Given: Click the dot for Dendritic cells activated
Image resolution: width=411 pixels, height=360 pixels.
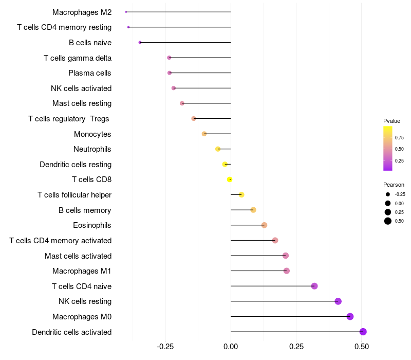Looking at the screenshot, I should [363, 332].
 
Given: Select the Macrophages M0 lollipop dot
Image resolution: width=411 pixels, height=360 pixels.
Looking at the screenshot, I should [350, 316].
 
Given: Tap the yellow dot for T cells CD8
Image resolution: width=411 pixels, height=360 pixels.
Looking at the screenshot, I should [230, 179].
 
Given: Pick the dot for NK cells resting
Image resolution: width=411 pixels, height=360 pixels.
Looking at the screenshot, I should [338, 301].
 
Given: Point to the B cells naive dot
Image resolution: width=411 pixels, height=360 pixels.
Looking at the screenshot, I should [140, 42].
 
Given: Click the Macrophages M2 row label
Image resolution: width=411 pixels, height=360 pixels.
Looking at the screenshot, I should [82, 12].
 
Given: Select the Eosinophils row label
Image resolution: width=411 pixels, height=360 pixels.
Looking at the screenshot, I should [92, 225].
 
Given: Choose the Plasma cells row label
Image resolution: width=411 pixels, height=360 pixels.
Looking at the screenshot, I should [90, 73].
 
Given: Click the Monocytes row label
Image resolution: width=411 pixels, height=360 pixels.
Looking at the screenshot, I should [92, 134].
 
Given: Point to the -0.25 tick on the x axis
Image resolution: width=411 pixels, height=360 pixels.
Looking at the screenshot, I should [165, 347].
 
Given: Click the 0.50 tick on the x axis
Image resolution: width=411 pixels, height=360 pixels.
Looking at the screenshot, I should [362, 347].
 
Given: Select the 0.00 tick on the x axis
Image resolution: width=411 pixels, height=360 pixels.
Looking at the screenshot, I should [231, 347].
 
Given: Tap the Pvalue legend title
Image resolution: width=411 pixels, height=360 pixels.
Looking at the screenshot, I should [391, 121].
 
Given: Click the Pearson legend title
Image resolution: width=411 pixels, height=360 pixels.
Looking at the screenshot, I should [394, 185].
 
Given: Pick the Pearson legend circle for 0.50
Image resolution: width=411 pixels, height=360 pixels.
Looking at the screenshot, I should [388, 221].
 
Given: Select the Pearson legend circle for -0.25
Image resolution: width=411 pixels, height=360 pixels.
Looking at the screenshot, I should [388, 194].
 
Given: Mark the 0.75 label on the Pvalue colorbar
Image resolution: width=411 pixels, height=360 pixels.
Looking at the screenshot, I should [399, 137].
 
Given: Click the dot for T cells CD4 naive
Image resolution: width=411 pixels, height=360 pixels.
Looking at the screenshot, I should [314, 286].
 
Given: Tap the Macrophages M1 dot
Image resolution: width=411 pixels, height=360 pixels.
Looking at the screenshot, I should [287, 271].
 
